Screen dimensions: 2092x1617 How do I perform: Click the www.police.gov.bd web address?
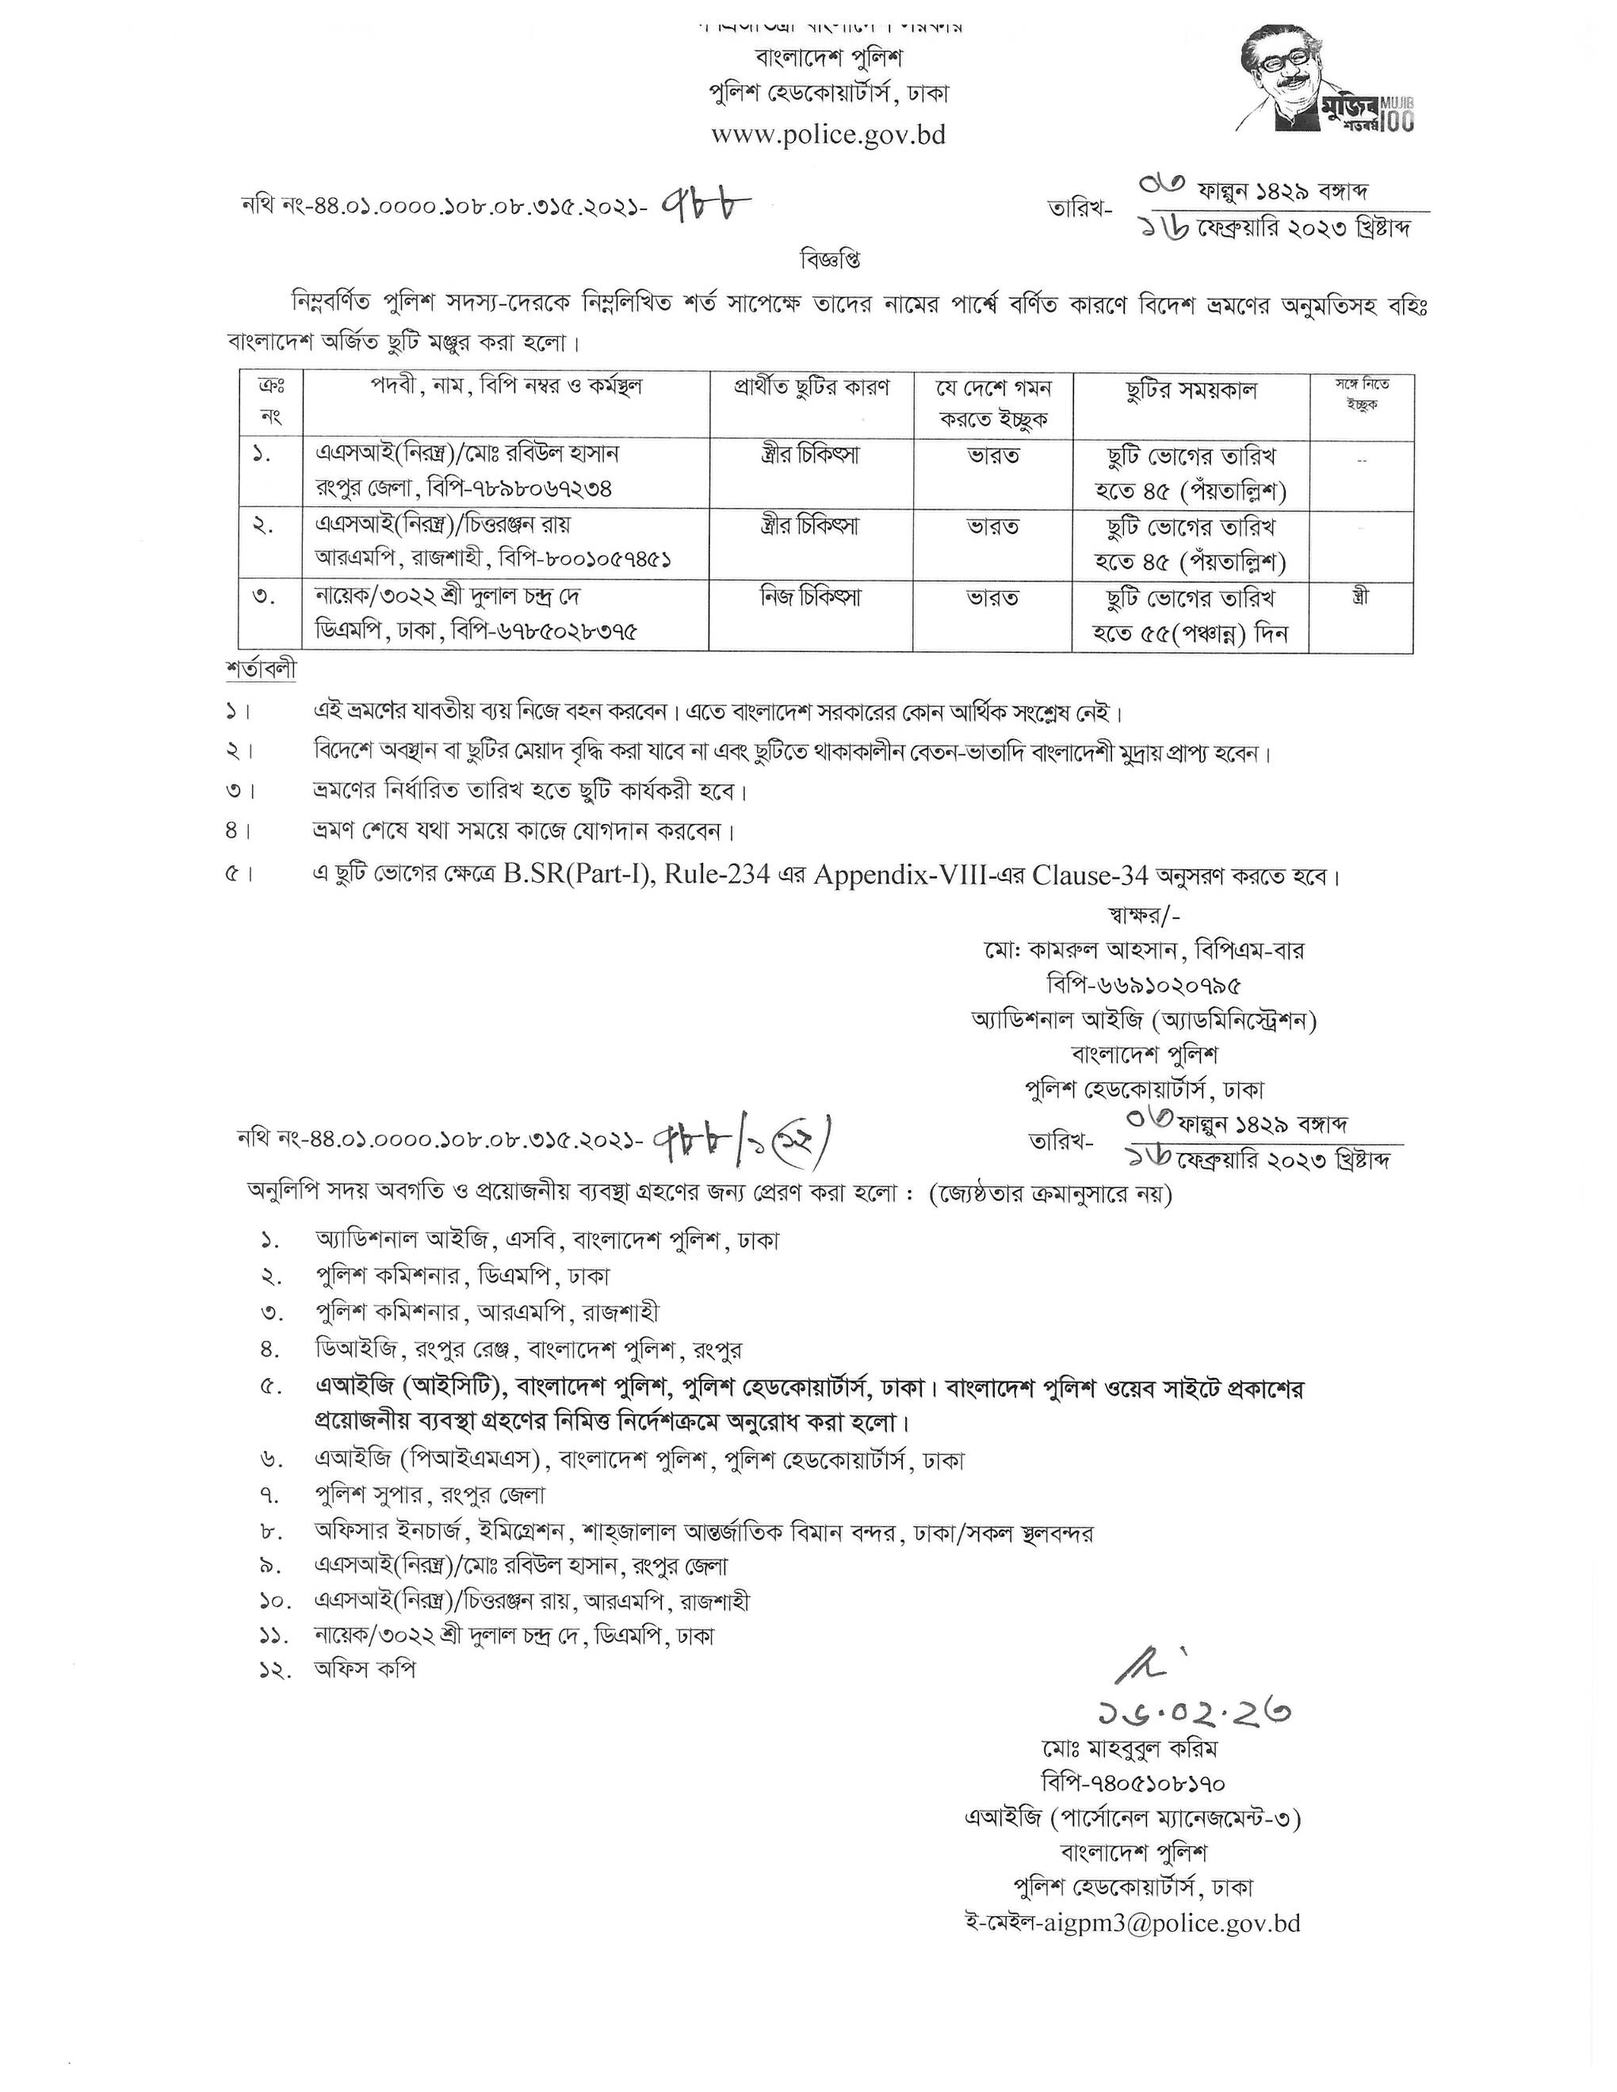tap(828, 135)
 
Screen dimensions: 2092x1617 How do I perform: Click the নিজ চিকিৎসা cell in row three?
tap(810, 597)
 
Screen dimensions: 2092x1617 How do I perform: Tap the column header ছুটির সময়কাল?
tap(1190, 390)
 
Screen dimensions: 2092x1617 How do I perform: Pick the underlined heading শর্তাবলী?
tap(262, 669)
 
